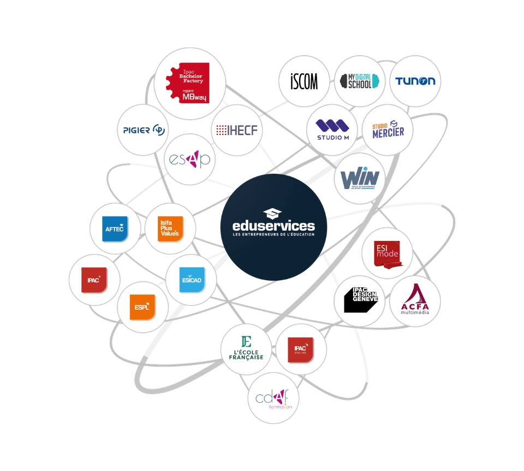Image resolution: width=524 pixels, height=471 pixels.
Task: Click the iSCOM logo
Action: click(x=304, y=81)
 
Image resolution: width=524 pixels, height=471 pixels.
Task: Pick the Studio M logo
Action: click(x=332, y=129)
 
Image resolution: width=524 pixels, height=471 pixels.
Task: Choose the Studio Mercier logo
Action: click(x=388, y=129)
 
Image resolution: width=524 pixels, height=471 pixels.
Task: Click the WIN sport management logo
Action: click(x=360, y=178)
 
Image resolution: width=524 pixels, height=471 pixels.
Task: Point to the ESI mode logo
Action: click(x=388, y=253)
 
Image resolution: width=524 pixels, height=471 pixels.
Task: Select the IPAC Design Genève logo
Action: click(x=360, y=301)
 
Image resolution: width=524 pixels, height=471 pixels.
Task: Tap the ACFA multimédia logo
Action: click(x=415, y=300)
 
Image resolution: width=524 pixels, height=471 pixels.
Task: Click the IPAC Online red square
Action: click(x=301, y=349)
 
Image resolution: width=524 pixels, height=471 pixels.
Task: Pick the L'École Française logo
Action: click(x=246, y=349)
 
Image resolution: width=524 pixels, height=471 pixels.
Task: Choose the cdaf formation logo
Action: click(x=273, y=397)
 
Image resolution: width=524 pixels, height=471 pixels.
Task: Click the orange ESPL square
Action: click(x=142, y=307)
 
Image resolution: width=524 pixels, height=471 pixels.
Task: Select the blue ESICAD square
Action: click(x=192, y=280)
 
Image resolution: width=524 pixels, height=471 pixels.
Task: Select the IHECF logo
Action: click(x=237, y=130)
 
